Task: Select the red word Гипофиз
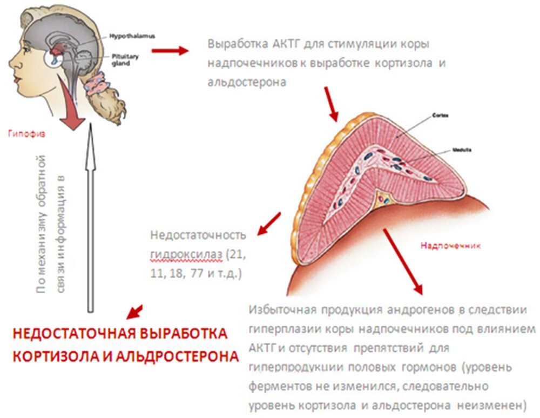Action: [23, 133]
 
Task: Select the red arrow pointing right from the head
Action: [169, 51]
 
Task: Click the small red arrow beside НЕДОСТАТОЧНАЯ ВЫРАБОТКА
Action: [134, 312]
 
